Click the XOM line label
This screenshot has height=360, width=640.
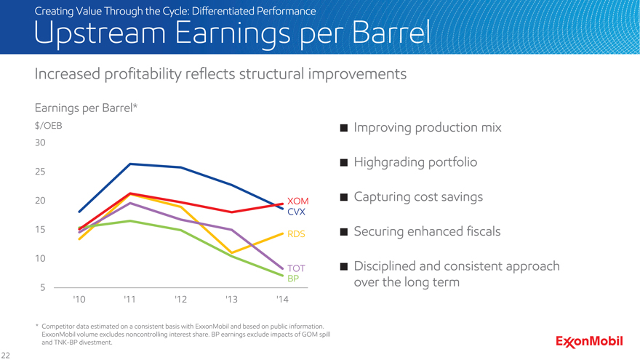(298, 201)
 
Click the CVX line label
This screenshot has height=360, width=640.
(296, 212)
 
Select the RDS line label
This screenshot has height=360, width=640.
(296, 235)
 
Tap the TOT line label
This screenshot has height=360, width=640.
(296, 268)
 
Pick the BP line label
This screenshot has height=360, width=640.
(293, 279)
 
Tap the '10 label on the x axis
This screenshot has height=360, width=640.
(79, 300)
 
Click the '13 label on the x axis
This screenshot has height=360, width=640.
(231, 300)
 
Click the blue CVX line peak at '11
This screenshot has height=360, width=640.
(130, 164)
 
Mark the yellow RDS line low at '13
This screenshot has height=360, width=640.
(231, 252)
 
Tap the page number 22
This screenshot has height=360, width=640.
(6, 354)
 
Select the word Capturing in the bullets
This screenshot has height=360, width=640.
(383, 198)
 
